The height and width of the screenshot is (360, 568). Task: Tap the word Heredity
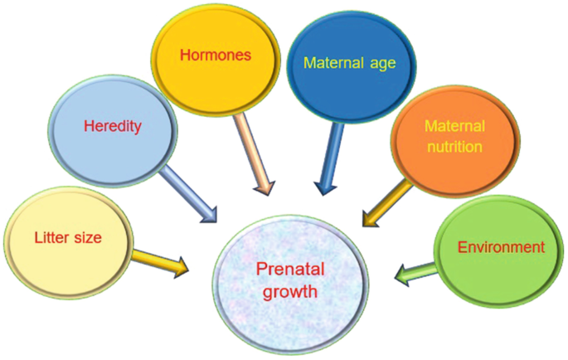point(113,127)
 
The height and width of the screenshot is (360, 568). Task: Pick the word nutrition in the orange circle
point(454,147)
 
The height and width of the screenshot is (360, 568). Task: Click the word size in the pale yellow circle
point(87,238)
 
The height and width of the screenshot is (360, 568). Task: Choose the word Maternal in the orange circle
point(454,126)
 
